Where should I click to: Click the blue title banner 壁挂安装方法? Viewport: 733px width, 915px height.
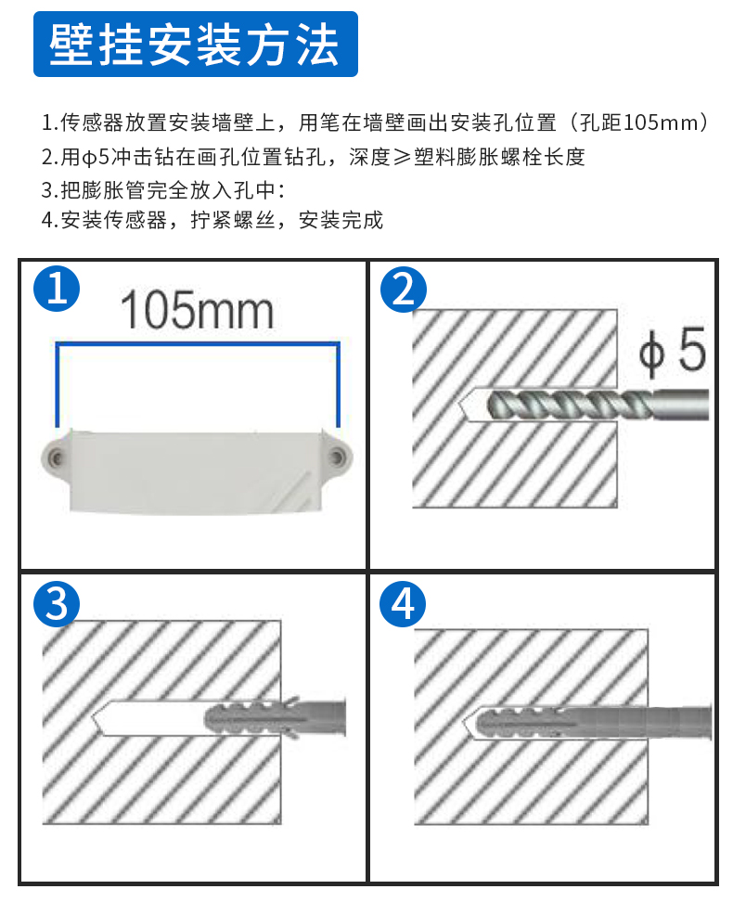(195, 44)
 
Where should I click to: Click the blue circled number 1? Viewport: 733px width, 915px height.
(56, 290)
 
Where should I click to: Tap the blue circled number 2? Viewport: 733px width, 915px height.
(404, 290)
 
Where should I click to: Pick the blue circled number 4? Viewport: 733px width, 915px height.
(404, 604)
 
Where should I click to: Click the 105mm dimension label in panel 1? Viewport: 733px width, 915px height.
(197, 311)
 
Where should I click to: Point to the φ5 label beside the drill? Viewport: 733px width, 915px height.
(673, 354)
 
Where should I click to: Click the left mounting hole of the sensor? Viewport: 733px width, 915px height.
(58, 457)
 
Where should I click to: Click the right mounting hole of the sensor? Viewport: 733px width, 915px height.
(338, 457)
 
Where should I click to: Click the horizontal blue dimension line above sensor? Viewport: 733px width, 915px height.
(197, 343)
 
